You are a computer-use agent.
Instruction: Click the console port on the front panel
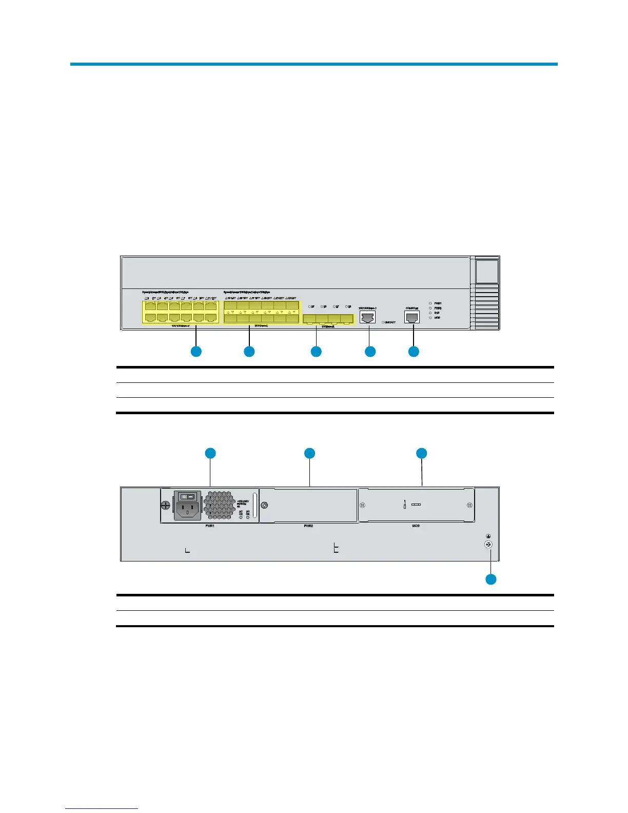[x=412, y=318]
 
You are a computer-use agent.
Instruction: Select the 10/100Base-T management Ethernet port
[x=368, y=318]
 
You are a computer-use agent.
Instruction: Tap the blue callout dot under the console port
[x=414, y=352]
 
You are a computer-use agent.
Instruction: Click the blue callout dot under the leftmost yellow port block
[x=196, y=352]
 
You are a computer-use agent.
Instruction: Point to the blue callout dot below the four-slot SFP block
[x=316, y=352]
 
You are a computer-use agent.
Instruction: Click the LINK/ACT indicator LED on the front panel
[x=383, y=322]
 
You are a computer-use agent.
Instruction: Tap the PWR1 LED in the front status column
[x=430, y=303]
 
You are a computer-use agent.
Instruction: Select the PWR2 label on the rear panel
[x=308, y=526]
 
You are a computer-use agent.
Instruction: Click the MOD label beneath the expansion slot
[x=416, y=526]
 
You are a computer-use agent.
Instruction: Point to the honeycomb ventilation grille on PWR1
[x=219, y=504]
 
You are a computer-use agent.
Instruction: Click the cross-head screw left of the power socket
[x=166, y=505]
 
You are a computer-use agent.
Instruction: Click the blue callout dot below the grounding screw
[x=491, y=579]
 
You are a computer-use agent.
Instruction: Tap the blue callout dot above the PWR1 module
[x=210, y=453]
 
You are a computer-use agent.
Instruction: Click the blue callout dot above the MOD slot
[x=421, y=453]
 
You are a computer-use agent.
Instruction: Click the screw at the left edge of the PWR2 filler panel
[x=264, y=505]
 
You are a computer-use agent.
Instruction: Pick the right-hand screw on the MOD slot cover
[x=469, y=505]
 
